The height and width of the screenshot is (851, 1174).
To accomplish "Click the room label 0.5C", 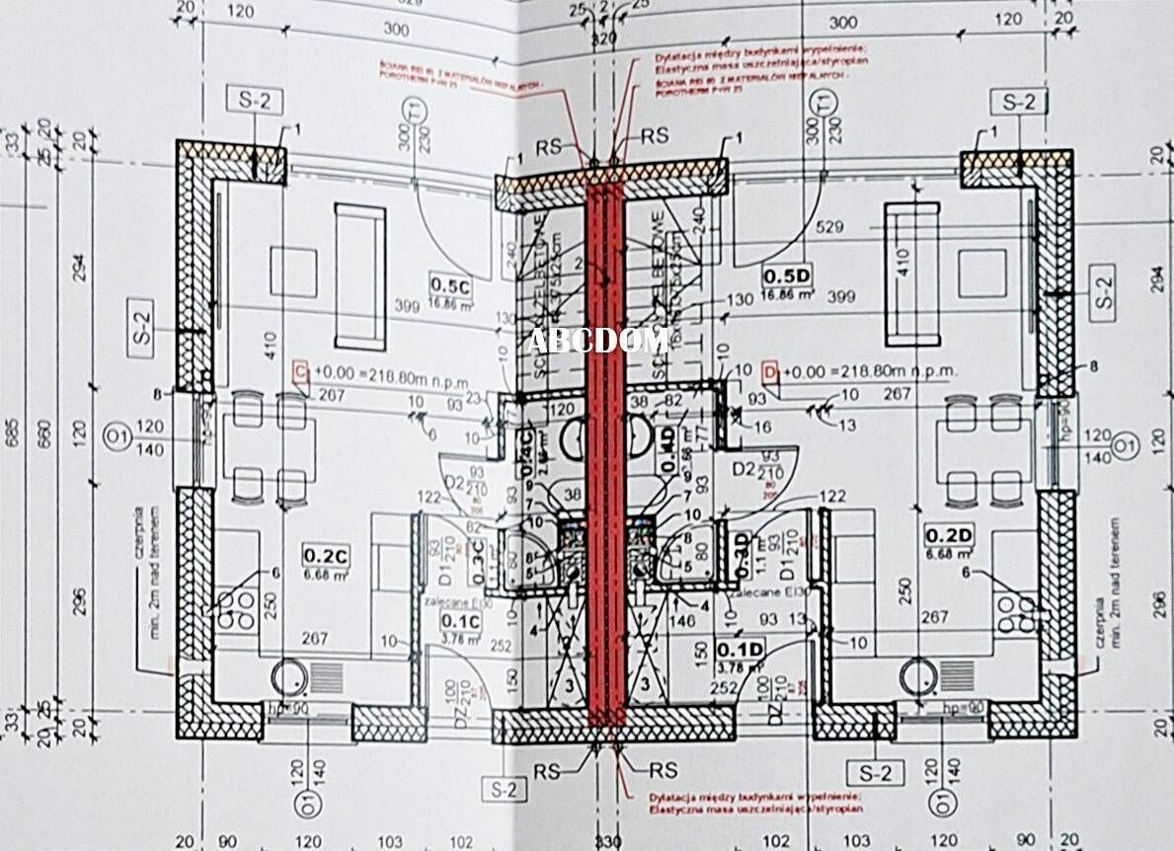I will point(449,284).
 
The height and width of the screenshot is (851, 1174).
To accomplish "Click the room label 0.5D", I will point(785,276).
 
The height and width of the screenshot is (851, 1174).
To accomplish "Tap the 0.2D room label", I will point(948,535).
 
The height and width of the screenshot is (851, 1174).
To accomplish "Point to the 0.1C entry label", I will point(460,621).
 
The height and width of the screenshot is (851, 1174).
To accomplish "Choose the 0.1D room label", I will point(740,649).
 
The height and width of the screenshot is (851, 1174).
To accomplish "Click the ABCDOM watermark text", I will point(596,341).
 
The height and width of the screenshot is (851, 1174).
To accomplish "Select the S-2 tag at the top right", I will point(1019,101).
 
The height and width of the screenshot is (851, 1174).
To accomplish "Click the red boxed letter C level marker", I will point(301,371).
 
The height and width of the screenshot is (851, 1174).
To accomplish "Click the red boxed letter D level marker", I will point(771,372).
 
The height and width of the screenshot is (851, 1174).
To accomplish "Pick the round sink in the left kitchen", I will point(290,676).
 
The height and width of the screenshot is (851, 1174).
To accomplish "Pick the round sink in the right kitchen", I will point(917,676).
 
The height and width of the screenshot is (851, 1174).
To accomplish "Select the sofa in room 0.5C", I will point(359,276).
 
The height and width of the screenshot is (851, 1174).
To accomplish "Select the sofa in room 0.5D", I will point(910,273).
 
